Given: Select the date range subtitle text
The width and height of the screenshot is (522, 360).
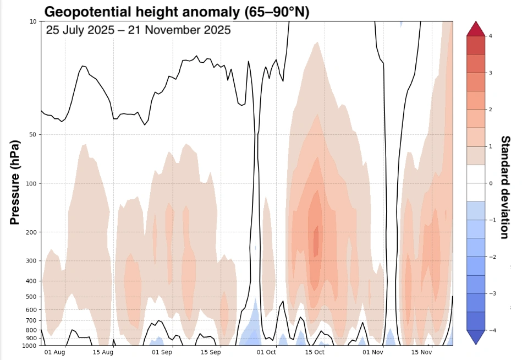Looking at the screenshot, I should pyautogui.click(x=138, y=30).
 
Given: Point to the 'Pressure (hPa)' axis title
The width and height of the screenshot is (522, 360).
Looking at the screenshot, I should pyautogui.click(x=15, y=183).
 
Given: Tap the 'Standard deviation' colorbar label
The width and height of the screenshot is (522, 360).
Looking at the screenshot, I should pyautogui.click(x=505, y=187).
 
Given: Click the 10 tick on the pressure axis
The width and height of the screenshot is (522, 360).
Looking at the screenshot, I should pyautogui.click(x=33, y=21).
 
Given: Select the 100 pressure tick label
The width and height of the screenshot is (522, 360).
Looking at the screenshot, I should pyautogui.click(x=31, y=183).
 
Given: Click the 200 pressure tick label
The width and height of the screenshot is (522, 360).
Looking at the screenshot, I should pyautogui.click(x=31, y=232).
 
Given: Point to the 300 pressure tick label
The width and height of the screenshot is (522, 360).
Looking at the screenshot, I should pyautogui.click(x=31, y=260).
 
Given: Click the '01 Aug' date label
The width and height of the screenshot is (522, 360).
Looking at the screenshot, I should pyautogui.click(x=55, y=352).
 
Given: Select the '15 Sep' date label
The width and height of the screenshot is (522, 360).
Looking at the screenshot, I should pyautogui.click(x=211, y=352).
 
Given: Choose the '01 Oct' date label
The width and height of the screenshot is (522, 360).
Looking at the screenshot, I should pyautogui.click(x=267, y=352).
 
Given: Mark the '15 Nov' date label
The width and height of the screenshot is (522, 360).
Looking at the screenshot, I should pyautogui.click(x=421, y=352).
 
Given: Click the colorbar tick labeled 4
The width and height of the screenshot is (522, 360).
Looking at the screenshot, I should pyautogui.click(x=490, y=36).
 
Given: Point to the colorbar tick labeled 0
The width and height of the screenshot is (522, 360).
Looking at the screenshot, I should pyautogui.click(x=490, y=183).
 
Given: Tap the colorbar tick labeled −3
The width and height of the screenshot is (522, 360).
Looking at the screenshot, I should pyautogui.click(x=489, y=293).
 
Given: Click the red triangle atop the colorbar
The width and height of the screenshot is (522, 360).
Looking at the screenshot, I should pyautogui.click(x=476, y=29).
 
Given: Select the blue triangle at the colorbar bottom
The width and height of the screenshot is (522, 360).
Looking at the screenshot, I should pyautogui.click(x=476, y=337).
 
